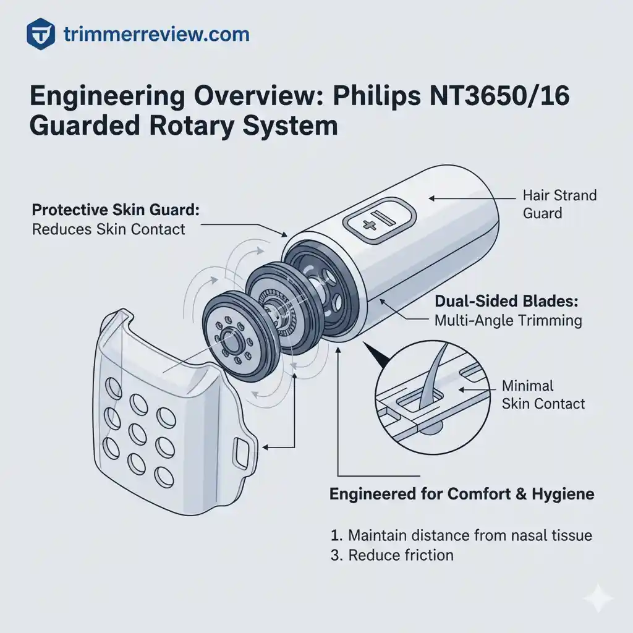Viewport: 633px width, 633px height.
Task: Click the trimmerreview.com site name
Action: point(156,33)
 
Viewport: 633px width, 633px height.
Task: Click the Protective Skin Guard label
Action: point(115,210)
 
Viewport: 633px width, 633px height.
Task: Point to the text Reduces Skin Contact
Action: point(108,229)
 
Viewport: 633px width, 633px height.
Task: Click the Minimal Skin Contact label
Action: point(543,395)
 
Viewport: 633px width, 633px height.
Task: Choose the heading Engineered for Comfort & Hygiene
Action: point(462,494)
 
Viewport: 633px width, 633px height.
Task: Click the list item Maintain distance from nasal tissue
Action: point(461,535)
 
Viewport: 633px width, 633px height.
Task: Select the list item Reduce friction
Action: point(392,554)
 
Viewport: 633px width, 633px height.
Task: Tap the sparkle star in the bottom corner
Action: point(598,599)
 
